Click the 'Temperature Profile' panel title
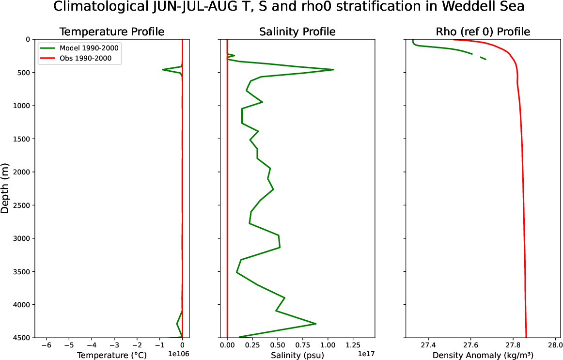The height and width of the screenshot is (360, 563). click(111, 32)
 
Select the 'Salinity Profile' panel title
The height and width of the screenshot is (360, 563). click(297, 32)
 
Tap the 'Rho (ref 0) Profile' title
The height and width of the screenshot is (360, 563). click(483, 32)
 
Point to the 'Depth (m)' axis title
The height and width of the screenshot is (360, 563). click(5, 188)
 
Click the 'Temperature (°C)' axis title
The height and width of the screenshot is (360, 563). click(111, 355)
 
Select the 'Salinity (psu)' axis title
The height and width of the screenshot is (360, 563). click(297, 355)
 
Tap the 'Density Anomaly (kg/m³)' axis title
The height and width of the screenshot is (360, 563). click(483, 355)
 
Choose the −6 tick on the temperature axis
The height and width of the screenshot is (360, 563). click(46, 345)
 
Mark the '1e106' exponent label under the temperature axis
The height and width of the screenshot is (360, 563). click(178, 354)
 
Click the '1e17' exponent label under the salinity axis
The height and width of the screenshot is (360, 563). click(366, 354)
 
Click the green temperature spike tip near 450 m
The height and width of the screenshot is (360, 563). click(162, 70)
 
